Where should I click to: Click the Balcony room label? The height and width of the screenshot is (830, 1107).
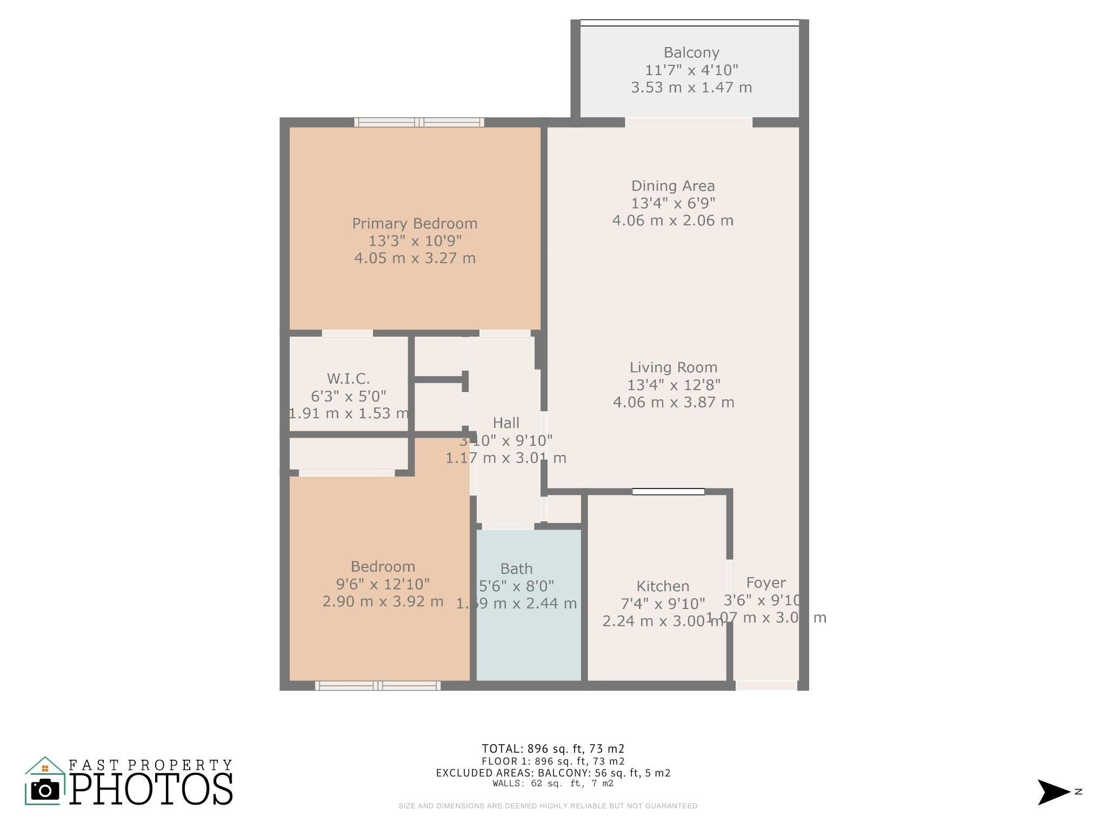pyautogui.click(x=691, y=53)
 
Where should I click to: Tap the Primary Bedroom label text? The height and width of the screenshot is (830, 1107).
pyautogui.click(x=415, y=224)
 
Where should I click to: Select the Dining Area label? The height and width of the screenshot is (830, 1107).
pyautogui.click(x=673, y=186)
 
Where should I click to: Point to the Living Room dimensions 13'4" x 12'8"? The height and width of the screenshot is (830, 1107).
pyautogui.click(x=673, y=385)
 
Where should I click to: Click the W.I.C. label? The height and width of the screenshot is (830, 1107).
pyautogui.click(x=348, y=378)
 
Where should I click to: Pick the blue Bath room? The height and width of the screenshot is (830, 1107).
pyautogui.click(x=528, y=638)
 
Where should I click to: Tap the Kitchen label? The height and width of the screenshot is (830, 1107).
pyautogui.click(x=663, y=586)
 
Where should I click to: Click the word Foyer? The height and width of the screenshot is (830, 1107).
pyautogui.click(x=766, y=583)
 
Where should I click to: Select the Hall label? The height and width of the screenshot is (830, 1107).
pyautogui.click(x=506, y=423)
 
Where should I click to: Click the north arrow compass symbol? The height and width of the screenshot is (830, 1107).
pyautogui.click(x=1053, y=792)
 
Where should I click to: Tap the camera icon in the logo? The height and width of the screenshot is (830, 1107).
pyautogui.click(x=45, y=791)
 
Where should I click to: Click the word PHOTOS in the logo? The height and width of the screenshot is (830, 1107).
pyautogui.click(x=151, y=789)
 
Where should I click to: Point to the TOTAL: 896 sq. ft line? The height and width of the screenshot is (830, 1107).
pyautogui.click(x=553, y=748)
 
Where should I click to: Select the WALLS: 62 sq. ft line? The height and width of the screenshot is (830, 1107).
pyautogui.click(x=553, y=784)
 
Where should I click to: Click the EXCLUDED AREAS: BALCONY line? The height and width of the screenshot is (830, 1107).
pyautogui.click(x=553, y=773)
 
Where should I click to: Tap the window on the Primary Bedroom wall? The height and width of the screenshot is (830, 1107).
pyautogui.click(x=419, y=123)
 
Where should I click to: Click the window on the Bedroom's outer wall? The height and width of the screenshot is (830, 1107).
pyautogui.click(x=378, y=686)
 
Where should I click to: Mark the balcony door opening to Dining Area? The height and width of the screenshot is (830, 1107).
pyautogui.click(x=688, y=123)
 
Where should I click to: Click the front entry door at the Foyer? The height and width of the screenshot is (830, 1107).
pyautogui.click(x=766, y=686)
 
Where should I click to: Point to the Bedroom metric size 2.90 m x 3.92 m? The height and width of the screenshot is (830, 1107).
pyautogui.click(x=383, y=601)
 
